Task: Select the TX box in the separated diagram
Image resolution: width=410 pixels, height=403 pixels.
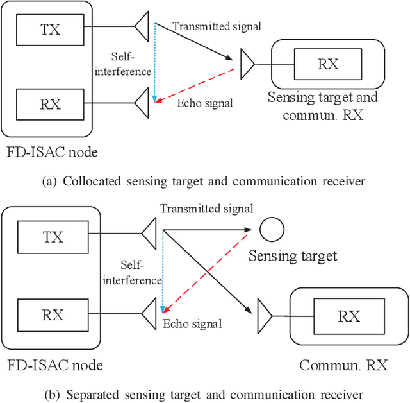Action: pos(53,237)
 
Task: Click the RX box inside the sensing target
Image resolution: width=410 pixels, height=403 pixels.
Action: pos(328,64)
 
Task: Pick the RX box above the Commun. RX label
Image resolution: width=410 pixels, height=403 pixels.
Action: pos(348,316)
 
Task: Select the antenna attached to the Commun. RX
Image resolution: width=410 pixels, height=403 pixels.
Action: pos(265,315)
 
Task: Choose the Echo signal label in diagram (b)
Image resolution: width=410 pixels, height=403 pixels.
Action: pos(192,324)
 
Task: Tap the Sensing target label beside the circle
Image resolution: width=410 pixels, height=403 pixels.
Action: pos(292,256)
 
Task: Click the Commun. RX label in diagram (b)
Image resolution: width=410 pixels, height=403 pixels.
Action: pos(343,366)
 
